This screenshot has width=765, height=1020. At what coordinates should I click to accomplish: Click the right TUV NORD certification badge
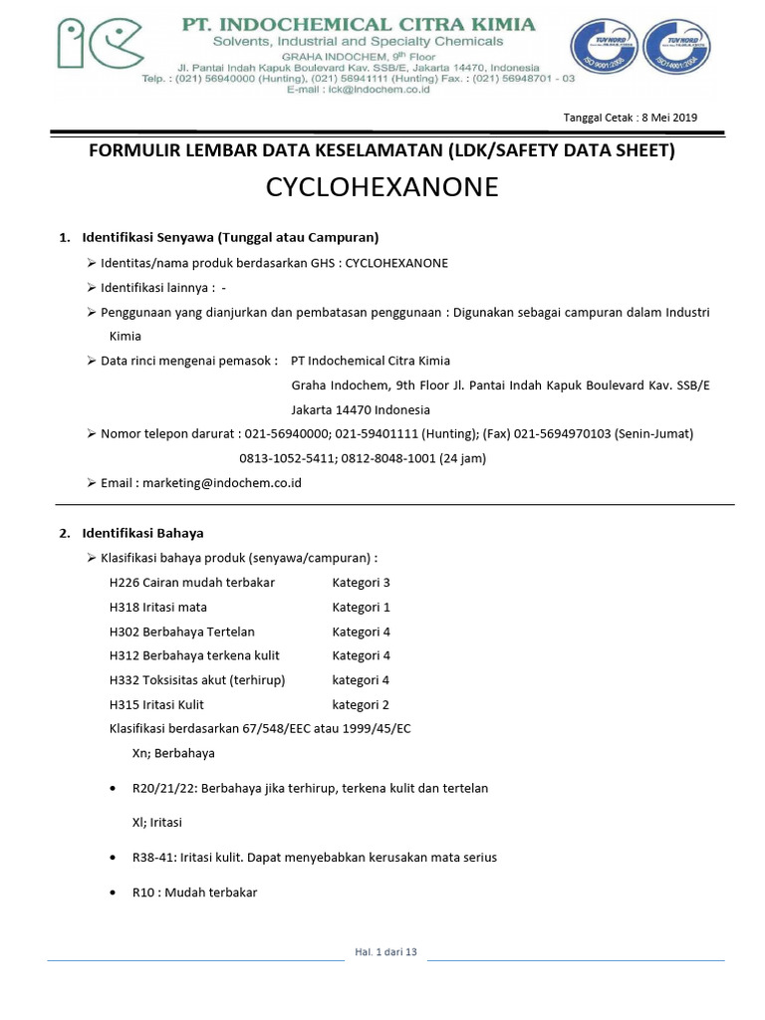point(677,53)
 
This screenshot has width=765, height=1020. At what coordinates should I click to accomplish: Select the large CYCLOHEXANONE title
point(382,187)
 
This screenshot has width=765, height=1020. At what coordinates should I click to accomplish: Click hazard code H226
point(125,583)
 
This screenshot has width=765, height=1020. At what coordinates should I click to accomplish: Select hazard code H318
point(125,607)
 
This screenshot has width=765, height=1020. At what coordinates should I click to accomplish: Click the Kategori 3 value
point(361,583)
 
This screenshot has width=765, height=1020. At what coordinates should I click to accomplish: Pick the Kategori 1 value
point(361,607)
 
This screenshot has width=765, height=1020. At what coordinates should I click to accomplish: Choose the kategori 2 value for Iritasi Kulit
point(361,704)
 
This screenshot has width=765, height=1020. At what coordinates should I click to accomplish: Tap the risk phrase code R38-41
point(152,858)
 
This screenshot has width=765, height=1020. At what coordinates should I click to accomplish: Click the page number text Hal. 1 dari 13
point(385,952)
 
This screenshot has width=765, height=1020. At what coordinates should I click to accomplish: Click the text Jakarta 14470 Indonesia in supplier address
point(361,409)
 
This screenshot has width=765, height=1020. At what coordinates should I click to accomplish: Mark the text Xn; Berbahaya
point(173,753)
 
